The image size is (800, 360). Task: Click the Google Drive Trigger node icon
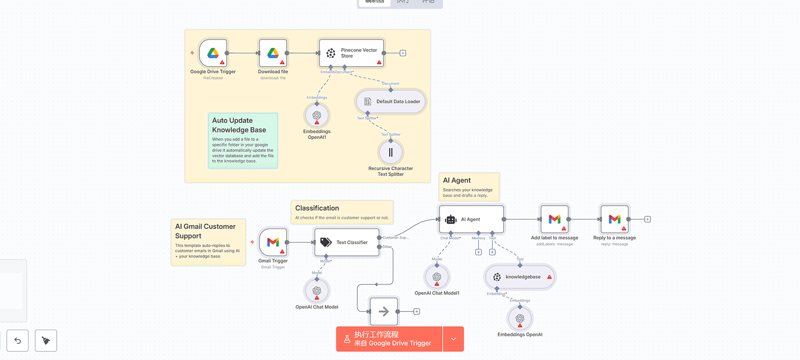pyautogui.click(x=213, y=53)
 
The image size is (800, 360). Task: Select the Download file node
pyautogui.click(x=273, y=53)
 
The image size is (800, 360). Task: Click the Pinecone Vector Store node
pyautogui.click(x=351, y=53)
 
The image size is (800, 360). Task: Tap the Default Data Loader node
pyautogui.click(x=391, y=101)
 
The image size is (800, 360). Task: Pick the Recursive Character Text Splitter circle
pyautogui.click(x=390, y=152)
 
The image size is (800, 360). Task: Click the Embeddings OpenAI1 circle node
pyautogui.click(x=317, y=116)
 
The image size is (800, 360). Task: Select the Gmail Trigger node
pyautogui.click(x=273, y=242)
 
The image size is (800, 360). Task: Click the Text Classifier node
pyautogui.click(x=347, y=242)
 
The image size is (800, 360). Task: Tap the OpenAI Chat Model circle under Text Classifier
pyautogui.click(x=317, y=290)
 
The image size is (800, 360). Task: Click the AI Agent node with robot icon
pyautogui.click(x=471, y=220)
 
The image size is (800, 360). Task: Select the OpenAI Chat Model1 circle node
pyautogui.click(x=437, y=277)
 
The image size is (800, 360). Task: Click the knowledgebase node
pyautogui.click(x=520, y=277)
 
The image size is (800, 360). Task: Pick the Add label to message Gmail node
pyautogui.click(x=554, y=220)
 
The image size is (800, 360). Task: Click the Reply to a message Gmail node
pyautogui.click(x=614, y=220)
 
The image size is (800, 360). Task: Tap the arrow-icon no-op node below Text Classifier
pyautogui.click(x=384, y=311)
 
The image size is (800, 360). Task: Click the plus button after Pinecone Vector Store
pyautogui.click(x=403, y=53)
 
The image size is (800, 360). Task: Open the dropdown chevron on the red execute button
pyautogui.click(x=453, y=339)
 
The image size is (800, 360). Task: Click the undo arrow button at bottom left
pyautogui.click(x=18, y=340)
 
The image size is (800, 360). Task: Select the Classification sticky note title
pyautogui.click(x=317, y=208)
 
